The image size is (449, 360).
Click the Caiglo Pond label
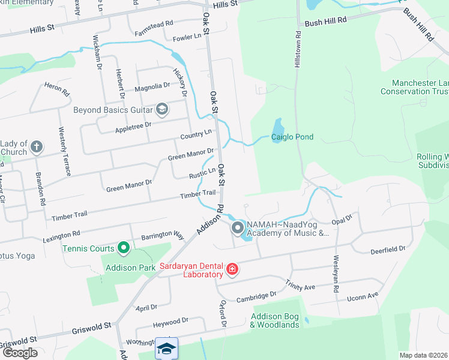[292, 137]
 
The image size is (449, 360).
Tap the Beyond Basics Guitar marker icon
[161, 109]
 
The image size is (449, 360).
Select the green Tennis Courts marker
[124, 247]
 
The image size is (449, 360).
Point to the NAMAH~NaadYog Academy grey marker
[237, 228]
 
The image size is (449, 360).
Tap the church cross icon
[37, 146]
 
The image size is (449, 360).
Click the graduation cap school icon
[166, 349]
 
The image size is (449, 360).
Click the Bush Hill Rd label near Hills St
[326, 22]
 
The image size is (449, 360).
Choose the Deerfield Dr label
[388, 248]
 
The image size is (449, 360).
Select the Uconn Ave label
[363, 296]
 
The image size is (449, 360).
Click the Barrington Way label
[162, 235]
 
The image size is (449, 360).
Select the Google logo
[20, 352]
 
